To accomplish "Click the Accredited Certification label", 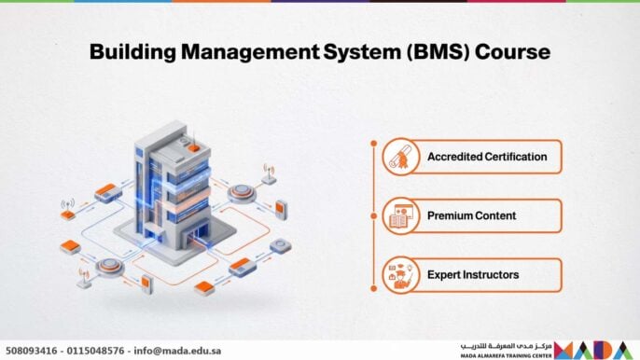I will point(486,157).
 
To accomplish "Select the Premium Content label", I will point(471,215).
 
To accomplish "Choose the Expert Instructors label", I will point(473,275).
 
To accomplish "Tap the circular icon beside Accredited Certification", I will point(399,158).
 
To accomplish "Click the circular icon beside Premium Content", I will point(399,216).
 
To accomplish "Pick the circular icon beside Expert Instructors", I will point(399,275).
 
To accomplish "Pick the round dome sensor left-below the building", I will point(109,267).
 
